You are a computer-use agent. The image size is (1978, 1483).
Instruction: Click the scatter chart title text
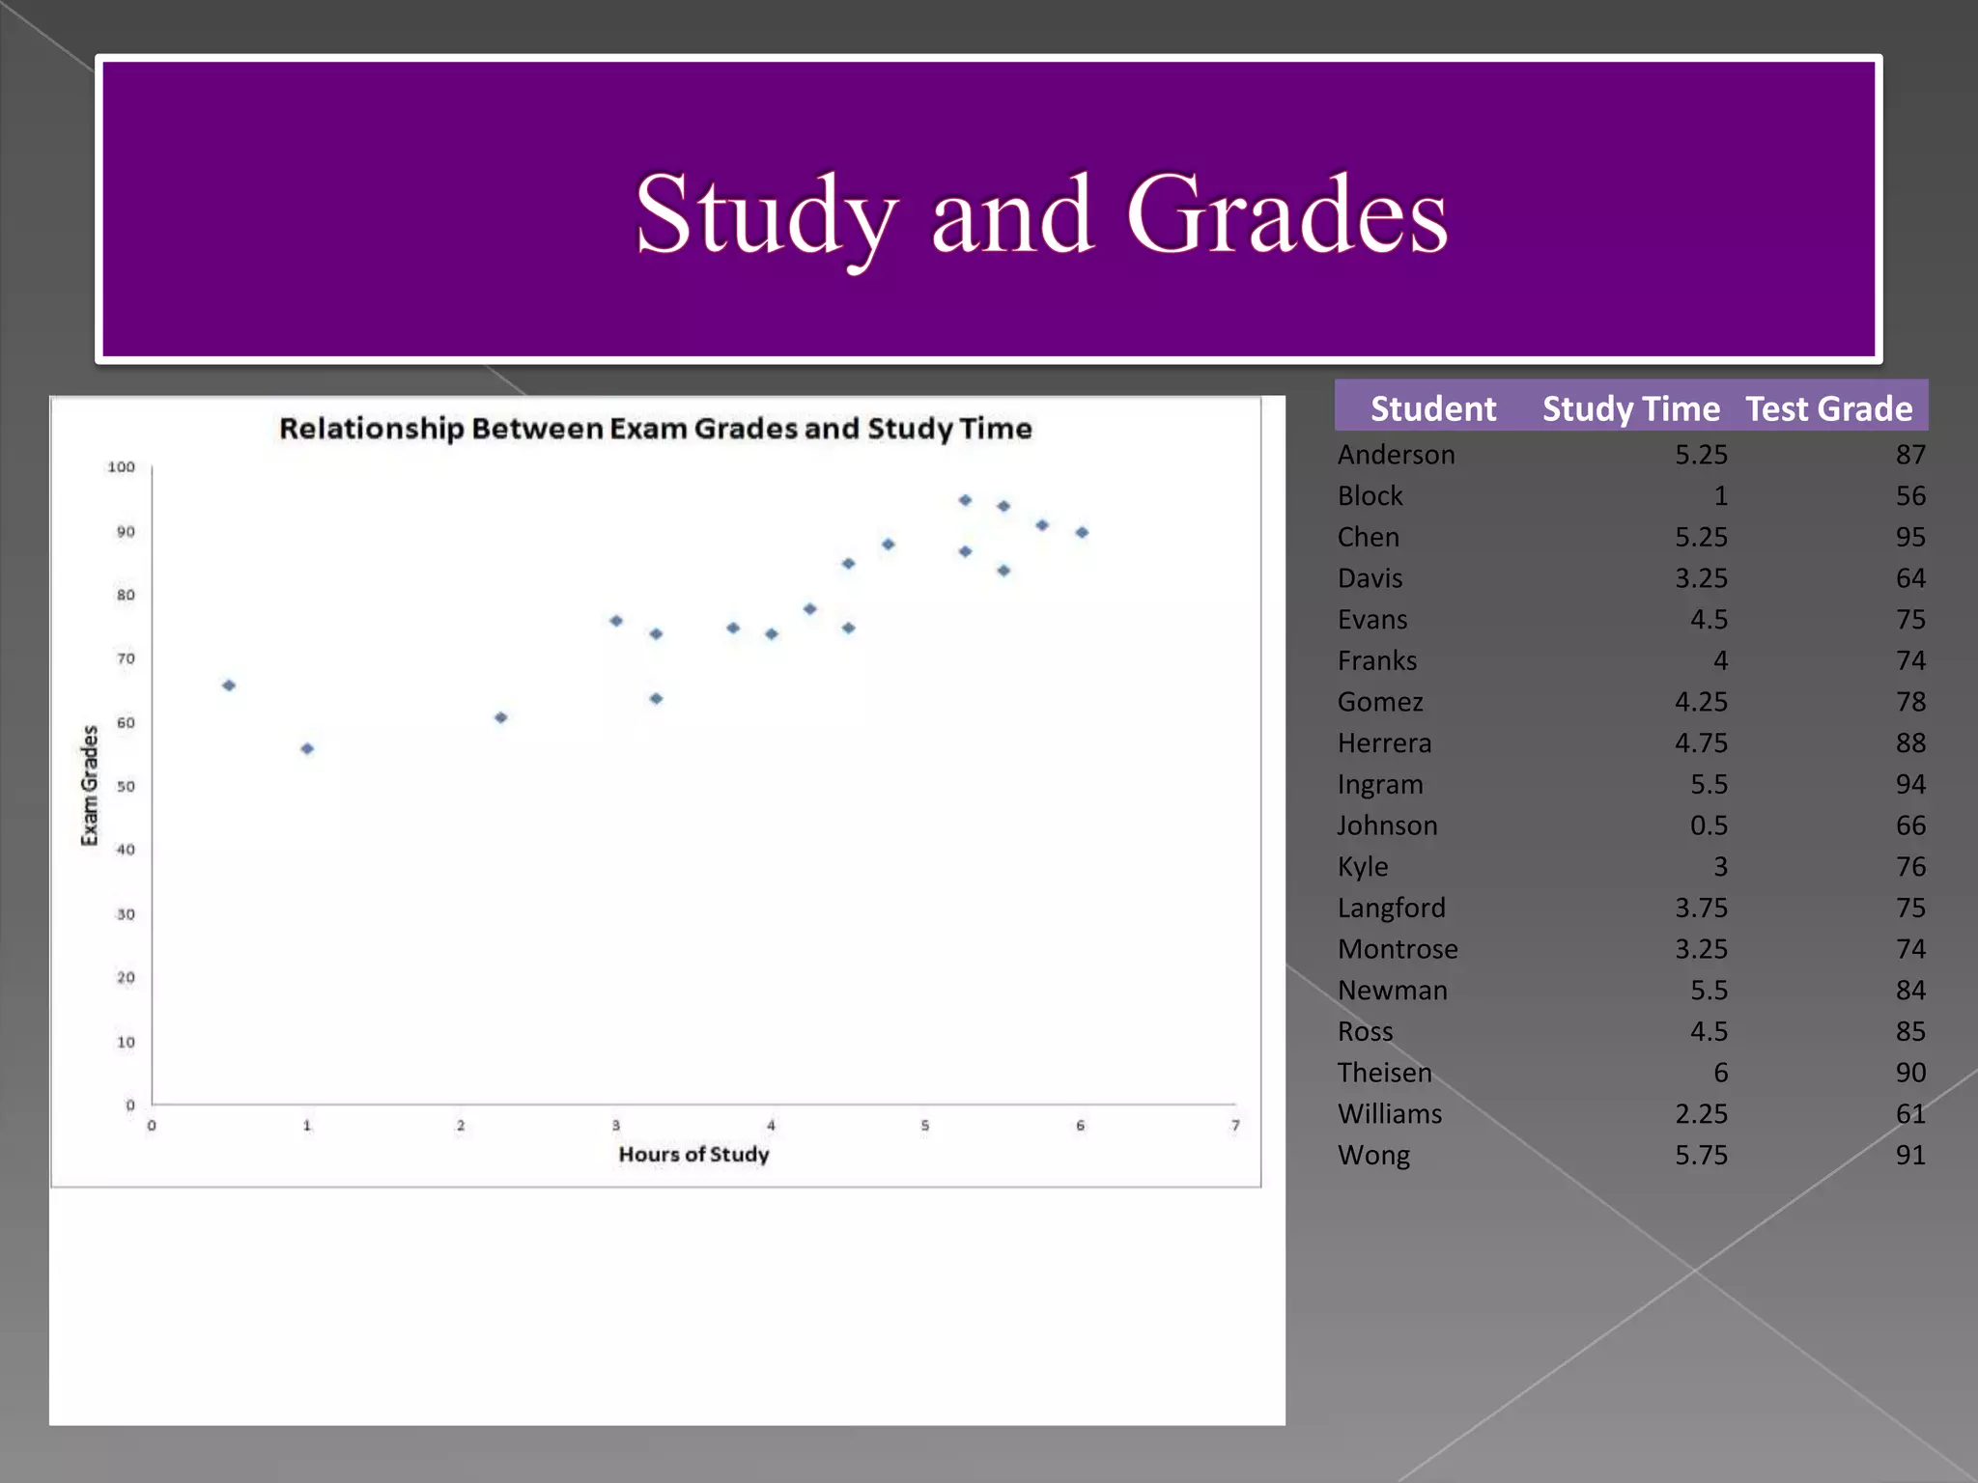point(655,428)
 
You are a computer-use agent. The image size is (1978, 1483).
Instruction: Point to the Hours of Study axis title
point(693,1154)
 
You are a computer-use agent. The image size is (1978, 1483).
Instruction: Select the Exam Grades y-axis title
point(90,785)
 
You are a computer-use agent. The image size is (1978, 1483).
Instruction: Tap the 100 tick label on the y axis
point(121,467)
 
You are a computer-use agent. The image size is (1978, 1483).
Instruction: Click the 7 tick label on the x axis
point(1235,1126)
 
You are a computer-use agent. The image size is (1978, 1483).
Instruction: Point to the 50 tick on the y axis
point(126,786)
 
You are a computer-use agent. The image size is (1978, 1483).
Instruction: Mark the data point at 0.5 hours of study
point(229,686)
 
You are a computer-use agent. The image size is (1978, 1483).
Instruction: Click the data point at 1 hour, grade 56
point(307,748)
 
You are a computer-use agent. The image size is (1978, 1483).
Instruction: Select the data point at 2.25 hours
point(500,717)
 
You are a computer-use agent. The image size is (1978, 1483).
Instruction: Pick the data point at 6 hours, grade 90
point(1082,532)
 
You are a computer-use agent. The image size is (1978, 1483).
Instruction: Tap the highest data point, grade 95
point(965,500)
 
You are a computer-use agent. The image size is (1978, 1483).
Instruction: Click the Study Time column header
point(1630,408)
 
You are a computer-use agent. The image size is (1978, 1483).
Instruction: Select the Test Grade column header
point(1828,408)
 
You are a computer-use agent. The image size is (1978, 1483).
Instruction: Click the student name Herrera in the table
point(1384,742)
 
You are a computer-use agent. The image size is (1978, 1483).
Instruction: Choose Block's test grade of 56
point(1909,495)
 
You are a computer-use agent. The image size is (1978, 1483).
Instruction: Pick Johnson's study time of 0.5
point(1708,825)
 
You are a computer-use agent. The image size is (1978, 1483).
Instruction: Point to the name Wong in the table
point(1373,1155)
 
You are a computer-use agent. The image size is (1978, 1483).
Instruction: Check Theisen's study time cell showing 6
point(1720,1073)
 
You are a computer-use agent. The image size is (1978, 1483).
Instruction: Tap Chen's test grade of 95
point(1909,537)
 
